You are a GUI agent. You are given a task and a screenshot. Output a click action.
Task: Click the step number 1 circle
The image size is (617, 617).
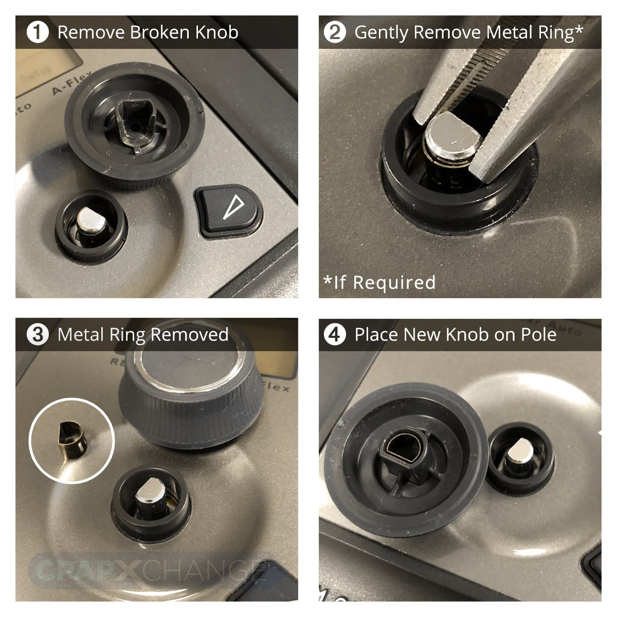(38, 32)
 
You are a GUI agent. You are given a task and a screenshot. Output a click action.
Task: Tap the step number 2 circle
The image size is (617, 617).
(335, 32)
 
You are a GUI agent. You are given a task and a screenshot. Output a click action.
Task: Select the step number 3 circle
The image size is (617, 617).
(38, 335)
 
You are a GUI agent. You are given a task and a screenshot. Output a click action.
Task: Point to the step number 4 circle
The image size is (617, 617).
(335, 335)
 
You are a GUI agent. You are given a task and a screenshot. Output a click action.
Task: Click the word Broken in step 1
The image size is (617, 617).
(160, 32)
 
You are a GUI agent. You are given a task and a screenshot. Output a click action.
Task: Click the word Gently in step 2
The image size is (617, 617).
(382, 32)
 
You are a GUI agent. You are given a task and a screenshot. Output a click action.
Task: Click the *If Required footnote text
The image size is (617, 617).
(379, 282)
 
